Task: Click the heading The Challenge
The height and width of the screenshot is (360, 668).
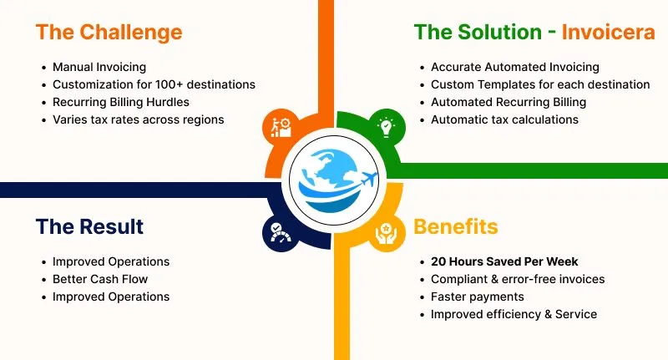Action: (109, 33)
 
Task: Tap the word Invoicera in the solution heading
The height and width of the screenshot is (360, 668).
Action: (608, 33)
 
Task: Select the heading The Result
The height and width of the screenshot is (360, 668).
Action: (89, 226)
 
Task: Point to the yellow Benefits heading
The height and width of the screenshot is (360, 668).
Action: (455, 226)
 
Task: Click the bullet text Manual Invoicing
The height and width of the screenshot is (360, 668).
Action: (99, 67)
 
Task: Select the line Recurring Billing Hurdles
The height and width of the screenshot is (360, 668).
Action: (121, 102)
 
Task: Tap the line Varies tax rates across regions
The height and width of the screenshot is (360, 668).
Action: (139, 119)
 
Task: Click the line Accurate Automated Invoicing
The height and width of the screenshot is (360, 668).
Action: (515, 67)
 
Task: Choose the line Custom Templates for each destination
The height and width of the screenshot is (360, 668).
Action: (540, 84)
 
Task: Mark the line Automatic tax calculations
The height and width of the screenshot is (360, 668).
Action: (504, 119)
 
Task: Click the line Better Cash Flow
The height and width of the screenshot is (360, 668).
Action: (100, 279)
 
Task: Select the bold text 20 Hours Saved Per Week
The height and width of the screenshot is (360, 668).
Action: (504, 261)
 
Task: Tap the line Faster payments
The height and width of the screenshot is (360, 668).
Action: (477, 297)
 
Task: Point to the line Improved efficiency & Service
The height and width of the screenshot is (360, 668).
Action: (514, 314)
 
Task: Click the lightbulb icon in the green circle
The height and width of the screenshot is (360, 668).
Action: (386, 128)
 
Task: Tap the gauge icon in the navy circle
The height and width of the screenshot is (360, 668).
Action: (281, 233)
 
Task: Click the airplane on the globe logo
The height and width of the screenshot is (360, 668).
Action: (369, 179)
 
